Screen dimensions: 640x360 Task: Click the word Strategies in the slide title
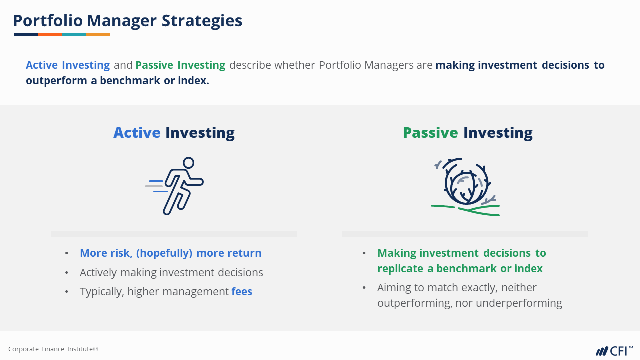[x=202, y=21]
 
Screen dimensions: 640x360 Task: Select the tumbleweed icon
[x=465, y=187]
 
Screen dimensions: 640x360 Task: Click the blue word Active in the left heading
[x=137, y=133]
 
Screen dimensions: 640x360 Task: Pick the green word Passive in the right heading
[x=430, y=133]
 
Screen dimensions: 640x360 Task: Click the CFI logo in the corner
[x=614, y=351]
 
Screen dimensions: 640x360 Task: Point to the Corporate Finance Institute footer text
[x=53, y=349]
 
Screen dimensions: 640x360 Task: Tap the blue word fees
[x=242, y=291]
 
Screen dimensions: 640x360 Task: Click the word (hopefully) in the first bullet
[x=164, y=253]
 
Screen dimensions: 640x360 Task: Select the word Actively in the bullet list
[x=98, y=273]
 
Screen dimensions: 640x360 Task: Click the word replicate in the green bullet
[x=400, y=269]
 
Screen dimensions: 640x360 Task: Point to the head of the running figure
[x=188, y=163]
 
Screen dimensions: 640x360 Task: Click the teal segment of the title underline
[x=74, y=35]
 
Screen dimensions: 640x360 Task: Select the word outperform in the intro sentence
[x=56, y=81]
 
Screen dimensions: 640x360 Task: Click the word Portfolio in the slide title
[x=48, y=21]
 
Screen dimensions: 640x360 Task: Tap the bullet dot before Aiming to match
[x=364, y=287]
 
